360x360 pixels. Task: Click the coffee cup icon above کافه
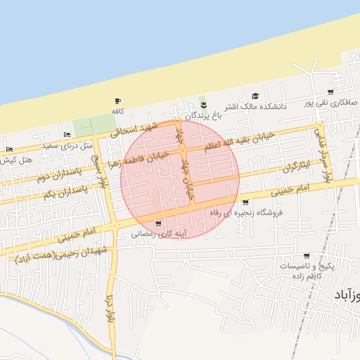pos(117,101)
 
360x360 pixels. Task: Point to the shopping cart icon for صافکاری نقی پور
pos(330,92)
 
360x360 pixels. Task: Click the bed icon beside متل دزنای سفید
pos(67,134)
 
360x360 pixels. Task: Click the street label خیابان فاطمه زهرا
pos(149,155)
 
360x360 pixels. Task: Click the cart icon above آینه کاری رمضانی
pos(167,223)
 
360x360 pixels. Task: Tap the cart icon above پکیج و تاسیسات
pos(307,256)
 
